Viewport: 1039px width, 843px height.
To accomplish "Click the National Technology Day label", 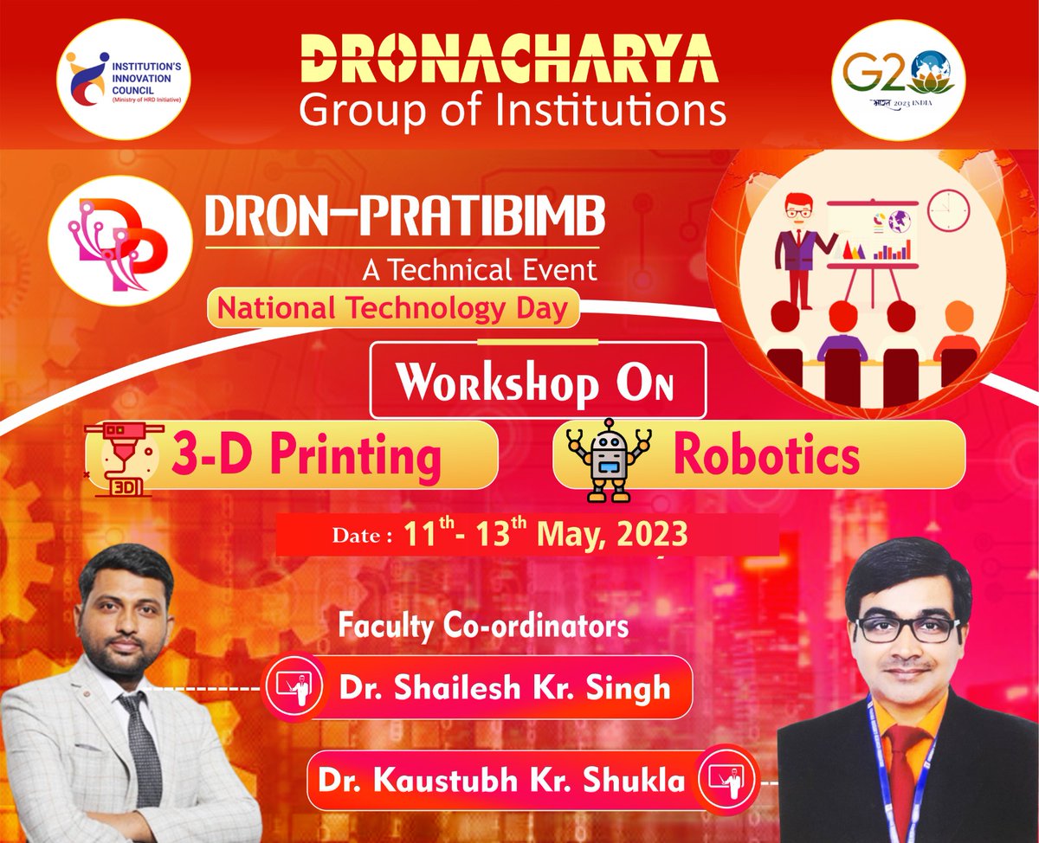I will pyautogui.click(x=393, y=309).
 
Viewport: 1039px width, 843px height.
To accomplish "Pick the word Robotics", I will pyautogui.click(x=767, y=456).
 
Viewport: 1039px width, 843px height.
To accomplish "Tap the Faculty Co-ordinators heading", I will pyautogui.click(x=483, y=626).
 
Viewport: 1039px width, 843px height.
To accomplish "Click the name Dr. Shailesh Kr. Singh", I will pyautogui.click(x=505, y=688).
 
